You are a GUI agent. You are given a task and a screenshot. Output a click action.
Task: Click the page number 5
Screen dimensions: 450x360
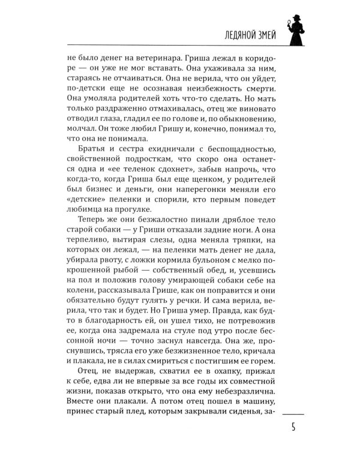[x=294, y=430]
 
